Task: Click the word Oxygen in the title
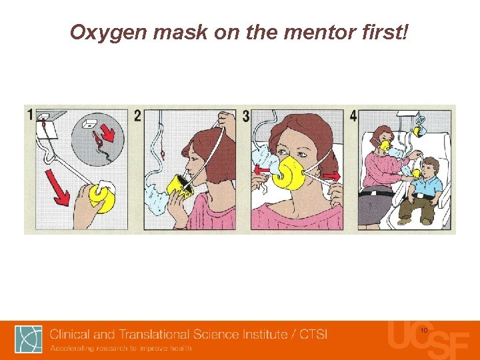109,33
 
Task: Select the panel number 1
30,115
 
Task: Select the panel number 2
138,116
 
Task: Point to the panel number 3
246,116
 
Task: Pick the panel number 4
353,116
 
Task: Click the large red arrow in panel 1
57,187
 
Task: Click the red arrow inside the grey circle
107,134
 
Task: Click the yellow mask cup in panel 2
180,187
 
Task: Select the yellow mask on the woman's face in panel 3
288,173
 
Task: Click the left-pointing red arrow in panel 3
263,169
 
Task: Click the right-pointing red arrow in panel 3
331,176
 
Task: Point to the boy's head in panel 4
430,167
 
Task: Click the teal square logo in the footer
29,339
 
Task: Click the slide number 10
424,330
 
